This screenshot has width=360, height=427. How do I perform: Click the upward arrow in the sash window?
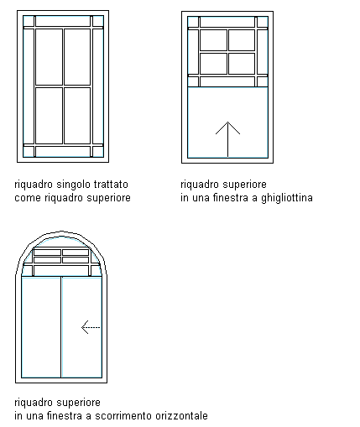(x=227, y=139)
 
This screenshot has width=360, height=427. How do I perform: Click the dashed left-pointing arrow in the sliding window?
(x=91, y=327)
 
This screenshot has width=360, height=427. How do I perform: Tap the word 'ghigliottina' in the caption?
(x=287, y=198)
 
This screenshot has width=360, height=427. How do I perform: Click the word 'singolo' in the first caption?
(x=74, y=185)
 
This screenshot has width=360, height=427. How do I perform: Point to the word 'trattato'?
(x=111, y=185)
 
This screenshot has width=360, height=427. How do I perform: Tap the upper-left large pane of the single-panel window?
(x=49, y=57)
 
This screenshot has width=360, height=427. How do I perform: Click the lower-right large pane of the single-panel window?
(x=77, y=116)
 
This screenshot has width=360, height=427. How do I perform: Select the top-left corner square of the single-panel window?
(x=29, y=21)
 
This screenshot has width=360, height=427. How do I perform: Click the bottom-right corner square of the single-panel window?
(x=98, y=152)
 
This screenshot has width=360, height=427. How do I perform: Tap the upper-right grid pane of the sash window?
(x=242, y=40)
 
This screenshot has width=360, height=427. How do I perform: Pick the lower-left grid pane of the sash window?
(x=213, y=64)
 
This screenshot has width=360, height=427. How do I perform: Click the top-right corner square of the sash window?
(x=263, y=22)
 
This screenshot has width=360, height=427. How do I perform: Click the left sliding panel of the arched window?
(x=41, y=327)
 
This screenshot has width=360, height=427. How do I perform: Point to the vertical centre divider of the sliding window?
(x=61, y=327)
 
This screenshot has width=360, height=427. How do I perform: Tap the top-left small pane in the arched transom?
(x=47, y=253)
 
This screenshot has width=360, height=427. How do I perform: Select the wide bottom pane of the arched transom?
(x=61, y=270)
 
